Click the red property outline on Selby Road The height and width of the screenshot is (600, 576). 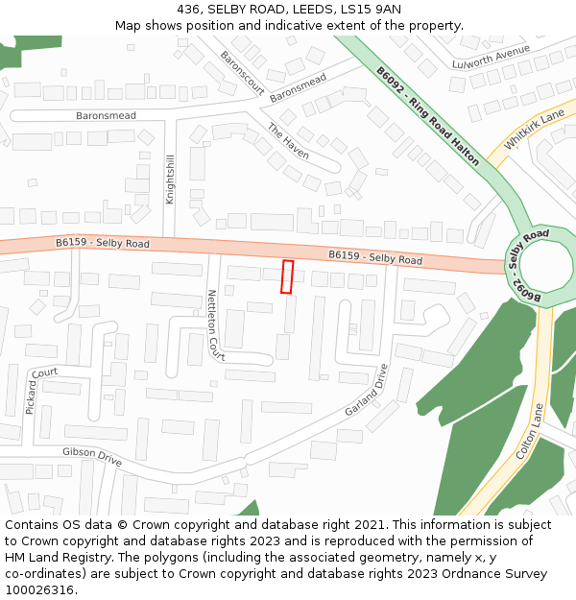coord(286,276)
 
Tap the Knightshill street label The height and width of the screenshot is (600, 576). coord(171,179)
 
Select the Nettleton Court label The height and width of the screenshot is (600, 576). coord(215,324)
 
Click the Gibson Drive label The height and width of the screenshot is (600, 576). coord(92,457)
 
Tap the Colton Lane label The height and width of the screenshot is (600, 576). coord(530,431)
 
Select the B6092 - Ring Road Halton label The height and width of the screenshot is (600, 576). coord(427,115)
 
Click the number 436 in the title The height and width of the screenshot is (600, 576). coord(188,10)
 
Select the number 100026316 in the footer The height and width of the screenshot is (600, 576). coord(40,589)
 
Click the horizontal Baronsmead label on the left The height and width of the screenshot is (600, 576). coord(106,115)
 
